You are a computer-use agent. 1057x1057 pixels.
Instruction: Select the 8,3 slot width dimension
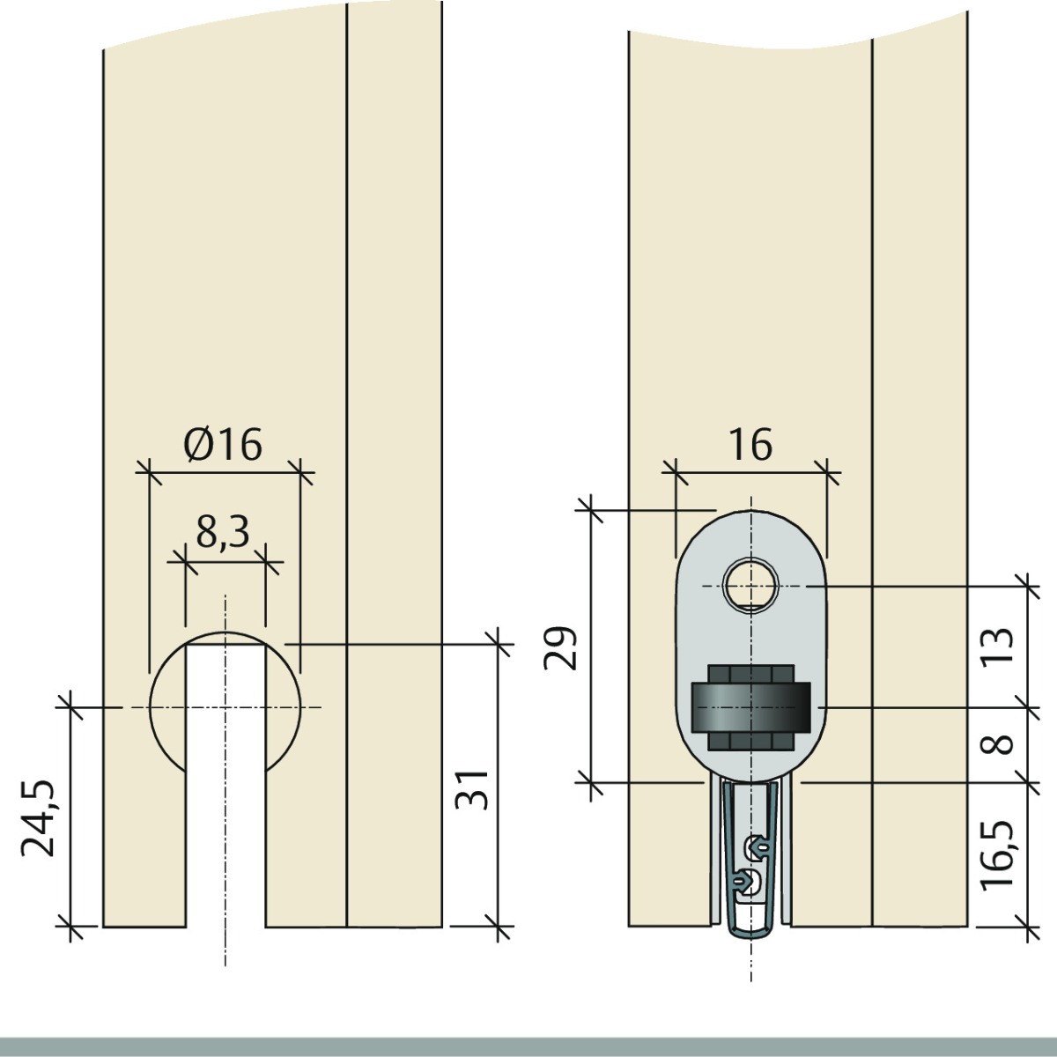(x=223, y=532)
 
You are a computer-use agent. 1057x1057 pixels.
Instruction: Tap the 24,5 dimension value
(x=40, y=817)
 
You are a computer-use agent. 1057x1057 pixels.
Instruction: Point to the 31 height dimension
(x=472, y=787)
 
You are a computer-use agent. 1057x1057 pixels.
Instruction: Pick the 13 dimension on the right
(x=998, y=647)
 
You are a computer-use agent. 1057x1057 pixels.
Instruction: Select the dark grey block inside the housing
(x=750, y=707)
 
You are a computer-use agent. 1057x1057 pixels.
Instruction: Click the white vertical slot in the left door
(x=225, y=793)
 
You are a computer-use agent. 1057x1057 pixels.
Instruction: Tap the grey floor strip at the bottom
(x=528, y=1046)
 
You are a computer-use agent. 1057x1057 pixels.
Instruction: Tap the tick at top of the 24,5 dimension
(x=70, y=706)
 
